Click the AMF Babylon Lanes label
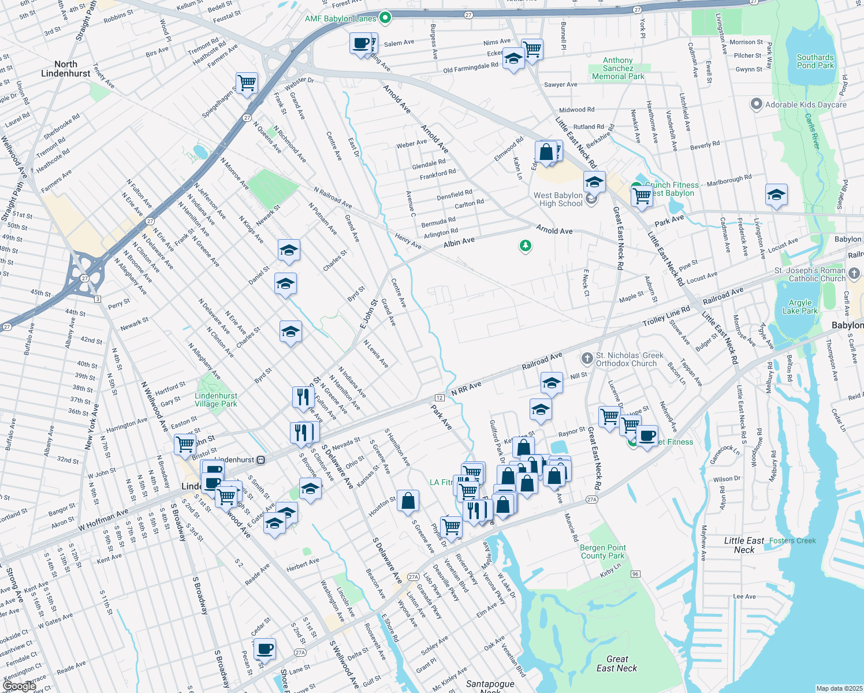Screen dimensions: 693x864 (x=341, y=18)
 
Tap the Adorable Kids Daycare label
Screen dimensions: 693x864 (x=805, y=105)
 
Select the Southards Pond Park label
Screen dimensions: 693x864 (x=815, y=61)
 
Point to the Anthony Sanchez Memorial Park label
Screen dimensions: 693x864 (x=618, y=68)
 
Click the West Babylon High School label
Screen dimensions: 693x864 (x=558, y=199)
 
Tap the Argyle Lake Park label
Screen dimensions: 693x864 (x=800, y=307)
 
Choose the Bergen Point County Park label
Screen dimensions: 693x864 (x=602, y=552)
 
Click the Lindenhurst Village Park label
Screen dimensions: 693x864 (x=216, y=400)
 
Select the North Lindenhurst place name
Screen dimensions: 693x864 (x=65, y=69)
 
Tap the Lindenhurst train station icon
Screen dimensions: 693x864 (x=261, y=460)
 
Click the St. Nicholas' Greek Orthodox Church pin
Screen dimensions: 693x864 (x=587, y=359)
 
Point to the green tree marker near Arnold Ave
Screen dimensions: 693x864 (x=525, y=247)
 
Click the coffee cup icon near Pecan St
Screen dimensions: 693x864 (x=265, y=649)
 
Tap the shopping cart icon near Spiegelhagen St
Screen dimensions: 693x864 (x=247, y=83)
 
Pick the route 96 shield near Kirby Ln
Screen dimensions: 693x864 (x=635, y=573)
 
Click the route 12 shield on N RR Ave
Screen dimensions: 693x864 (x=440, y=398)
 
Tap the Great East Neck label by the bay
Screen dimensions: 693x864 (x=617, y=664)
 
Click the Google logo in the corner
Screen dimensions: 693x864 (x=19, y=685)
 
